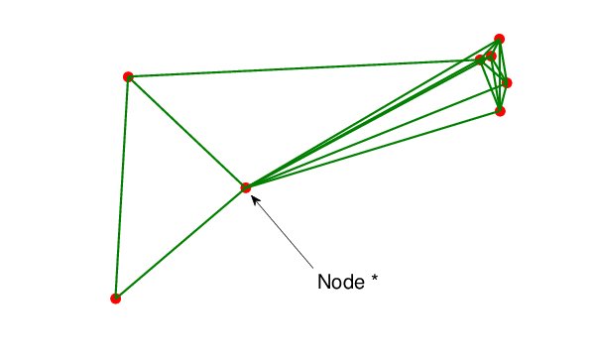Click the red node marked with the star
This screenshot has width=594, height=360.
click(245, 186)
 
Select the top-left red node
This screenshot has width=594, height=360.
click(128, 76)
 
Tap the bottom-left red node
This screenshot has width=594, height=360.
click(116, 298)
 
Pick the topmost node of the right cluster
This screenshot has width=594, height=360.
click(500, 39)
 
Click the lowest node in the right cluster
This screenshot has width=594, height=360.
click(500, 111)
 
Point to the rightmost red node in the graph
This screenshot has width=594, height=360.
click(507, 83)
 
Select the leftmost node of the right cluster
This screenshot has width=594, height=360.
click(480, 60)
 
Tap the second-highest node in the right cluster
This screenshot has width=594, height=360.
click(491, 56)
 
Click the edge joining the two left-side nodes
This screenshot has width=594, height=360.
click(122, 186)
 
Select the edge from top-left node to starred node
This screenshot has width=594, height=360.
click(186, 131)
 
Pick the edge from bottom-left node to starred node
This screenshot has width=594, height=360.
click(180, 242)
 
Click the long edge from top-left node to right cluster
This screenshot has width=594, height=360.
click(297, 68)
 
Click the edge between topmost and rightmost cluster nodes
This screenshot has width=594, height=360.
click(504, 61)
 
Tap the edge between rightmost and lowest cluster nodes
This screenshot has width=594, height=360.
click(504, 97)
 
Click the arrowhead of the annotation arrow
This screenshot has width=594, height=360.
click(255, 197)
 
